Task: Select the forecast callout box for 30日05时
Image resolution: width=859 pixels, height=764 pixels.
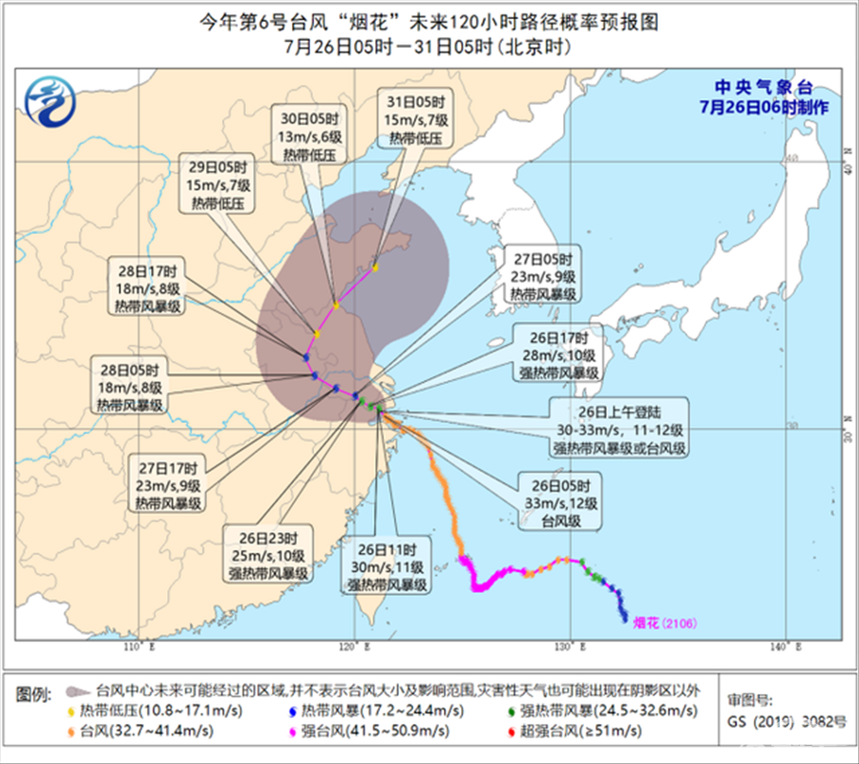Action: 315,136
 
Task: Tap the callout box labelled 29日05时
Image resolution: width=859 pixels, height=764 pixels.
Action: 220,179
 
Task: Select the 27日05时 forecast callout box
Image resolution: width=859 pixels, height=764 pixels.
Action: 543,277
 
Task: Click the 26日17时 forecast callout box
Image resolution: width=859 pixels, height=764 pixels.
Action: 557,353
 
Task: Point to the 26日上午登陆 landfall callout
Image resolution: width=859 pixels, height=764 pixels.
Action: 619,432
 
